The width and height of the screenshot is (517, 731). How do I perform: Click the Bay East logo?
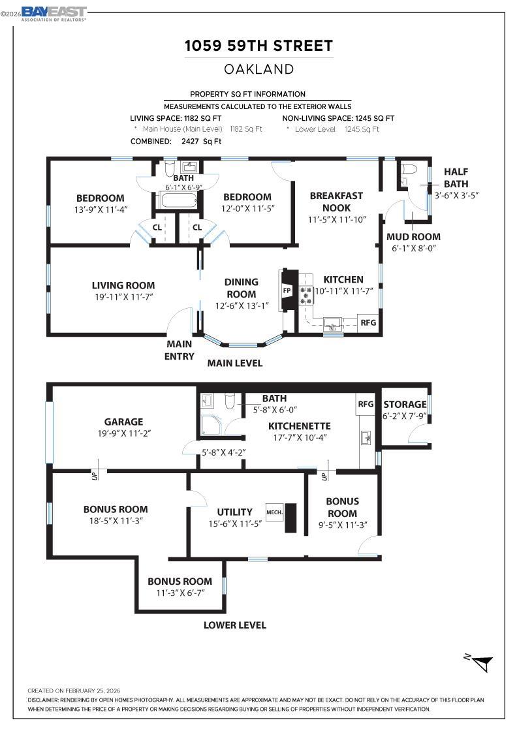[54, 13]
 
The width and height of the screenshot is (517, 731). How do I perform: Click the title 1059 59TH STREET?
[258, 46]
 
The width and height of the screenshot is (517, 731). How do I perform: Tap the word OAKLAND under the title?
[258, 69]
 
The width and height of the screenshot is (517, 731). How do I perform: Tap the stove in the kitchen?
[306, 296]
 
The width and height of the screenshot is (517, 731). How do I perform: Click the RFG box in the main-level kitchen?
[368, 322]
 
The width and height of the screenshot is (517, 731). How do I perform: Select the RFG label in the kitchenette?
[365, 404]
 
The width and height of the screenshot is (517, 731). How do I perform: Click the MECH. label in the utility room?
[274, 512]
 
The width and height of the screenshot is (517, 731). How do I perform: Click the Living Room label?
[123, 285]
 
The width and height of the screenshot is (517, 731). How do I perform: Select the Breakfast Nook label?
[336, 202]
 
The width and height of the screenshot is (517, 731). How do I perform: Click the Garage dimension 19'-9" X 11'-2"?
[123, 433]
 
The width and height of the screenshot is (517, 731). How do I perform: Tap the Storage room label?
[405, 404]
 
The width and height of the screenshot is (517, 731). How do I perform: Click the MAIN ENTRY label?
[179, 350]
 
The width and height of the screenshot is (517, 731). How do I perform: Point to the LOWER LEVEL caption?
[235, 625]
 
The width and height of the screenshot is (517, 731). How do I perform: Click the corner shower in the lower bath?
[210, 424]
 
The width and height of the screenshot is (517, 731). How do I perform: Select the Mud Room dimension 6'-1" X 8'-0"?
[413, 248]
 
